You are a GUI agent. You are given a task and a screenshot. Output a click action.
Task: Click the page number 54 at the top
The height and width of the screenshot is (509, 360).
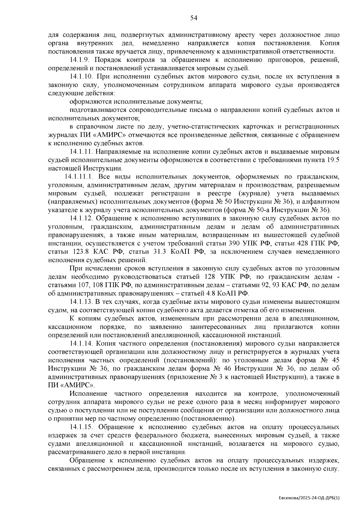[x=194, y=18]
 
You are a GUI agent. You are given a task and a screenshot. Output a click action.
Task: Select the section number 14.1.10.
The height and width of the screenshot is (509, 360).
[x=82, y=76]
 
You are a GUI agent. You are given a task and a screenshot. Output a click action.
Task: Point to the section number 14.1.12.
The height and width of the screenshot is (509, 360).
[x=82, y=218]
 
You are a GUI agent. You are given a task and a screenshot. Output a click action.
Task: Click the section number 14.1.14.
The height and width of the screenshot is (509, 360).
[x=82, y=343]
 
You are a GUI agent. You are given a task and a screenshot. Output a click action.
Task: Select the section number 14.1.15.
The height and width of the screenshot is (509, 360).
[x=82, y=427]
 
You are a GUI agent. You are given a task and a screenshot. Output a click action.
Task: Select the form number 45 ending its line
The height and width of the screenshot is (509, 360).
[x=335, y=360]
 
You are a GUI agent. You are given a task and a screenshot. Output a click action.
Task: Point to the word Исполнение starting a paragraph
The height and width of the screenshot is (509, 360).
[x=88, y=394]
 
